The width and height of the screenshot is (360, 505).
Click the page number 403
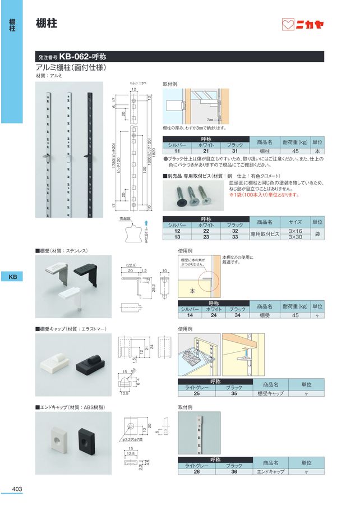[16, 489]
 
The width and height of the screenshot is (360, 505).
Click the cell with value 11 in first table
[176, 151]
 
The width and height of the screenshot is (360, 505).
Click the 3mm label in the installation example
[209, 120]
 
